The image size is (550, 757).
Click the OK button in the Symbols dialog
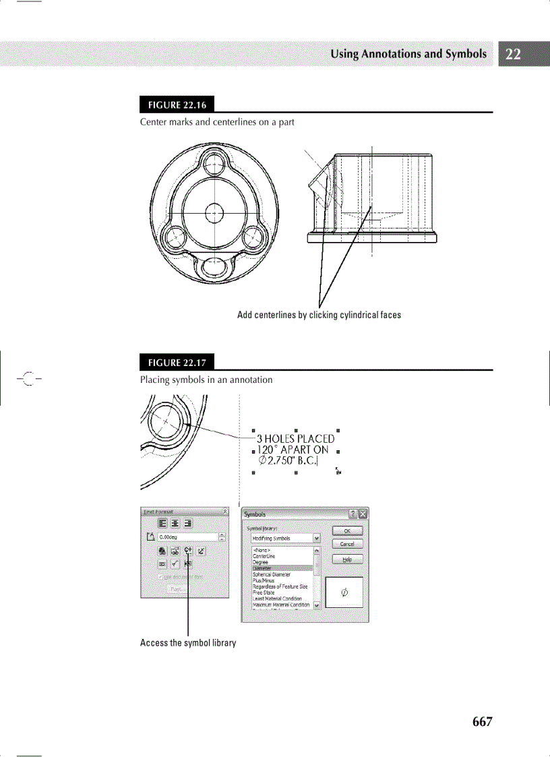[x=347, y=531]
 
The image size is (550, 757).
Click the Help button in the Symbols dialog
[x=347, y=559]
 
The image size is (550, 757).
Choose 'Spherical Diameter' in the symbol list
[x=272, y=574]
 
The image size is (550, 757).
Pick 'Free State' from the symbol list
[x=264, y=593]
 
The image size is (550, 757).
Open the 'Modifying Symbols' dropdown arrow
[x=317, y=539]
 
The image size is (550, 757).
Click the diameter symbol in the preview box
[x=344, y=593]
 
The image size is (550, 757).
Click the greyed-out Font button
[x=178, y=588]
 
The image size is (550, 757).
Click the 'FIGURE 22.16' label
[x=173, y=105]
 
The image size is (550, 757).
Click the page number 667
[x=482, y=721]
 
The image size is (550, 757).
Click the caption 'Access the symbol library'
[x=188, y=642]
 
